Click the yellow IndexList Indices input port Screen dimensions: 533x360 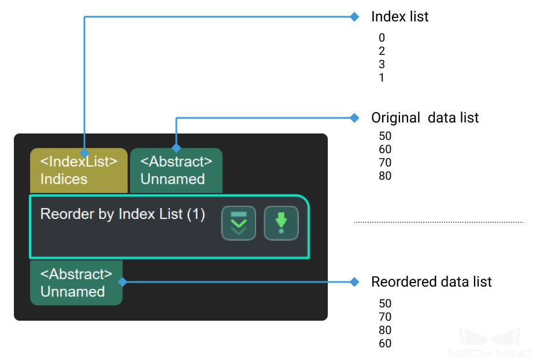(79, 170)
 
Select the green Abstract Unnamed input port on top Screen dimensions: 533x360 (176, 170)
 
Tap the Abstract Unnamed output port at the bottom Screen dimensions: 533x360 (76, 283)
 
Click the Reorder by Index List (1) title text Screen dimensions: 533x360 (123, 214)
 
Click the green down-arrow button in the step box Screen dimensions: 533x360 (281, 223)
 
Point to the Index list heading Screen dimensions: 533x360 (400, 17)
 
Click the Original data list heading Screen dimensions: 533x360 (425, 118)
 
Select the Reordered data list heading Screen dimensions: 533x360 (431, 282)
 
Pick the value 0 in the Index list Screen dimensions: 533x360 (382, 38)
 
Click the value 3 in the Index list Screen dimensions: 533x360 (382, 64)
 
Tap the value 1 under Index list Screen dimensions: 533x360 (382, 77)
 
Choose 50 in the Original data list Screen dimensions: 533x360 (385, 136)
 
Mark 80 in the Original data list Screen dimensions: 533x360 (385, 176)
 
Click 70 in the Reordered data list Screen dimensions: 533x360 (385, 317)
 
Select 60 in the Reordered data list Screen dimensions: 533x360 (385, 343)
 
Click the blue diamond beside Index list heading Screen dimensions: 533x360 (354, 17)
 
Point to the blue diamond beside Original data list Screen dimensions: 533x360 (354, 118)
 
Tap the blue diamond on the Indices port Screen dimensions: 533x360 (84, 153)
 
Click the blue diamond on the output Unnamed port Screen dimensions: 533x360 (123, 282)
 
